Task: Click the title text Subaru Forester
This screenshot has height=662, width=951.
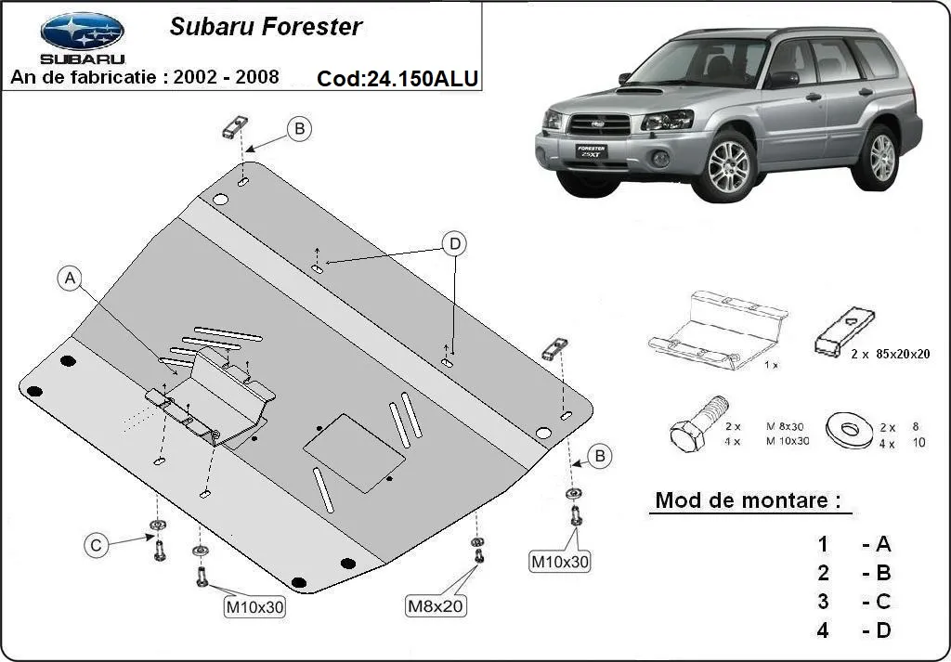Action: pyautogui.click(x=265, y=27)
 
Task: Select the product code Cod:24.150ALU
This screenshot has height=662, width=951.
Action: pyautogui.click(x=397, y=79)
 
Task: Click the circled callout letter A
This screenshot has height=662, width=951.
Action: pyautogui.click(x=71, y=279)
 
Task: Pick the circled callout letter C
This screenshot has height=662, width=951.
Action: pyautogui.click(x=96, y=546)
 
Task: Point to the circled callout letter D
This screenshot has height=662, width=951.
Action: pyautogui.click(x=454, y=244)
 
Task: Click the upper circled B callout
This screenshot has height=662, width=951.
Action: pyautogui.click(x=298, y=129)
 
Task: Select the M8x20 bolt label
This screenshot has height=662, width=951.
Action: pyautogui.click(x=436, y=606)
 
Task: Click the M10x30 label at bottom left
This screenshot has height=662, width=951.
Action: pyautogui.click(x=254, y=607)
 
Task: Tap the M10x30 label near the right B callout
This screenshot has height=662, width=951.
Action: pyautogui.click(x=559, y=561)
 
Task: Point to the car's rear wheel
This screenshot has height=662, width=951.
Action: pyautogui.click(x=878, y=155)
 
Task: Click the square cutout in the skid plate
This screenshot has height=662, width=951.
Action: pyautogui.click(x=355, y=451)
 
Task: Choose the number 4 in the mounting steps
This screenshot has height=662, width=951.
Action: pyautogui.click(x=823, y=631)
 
